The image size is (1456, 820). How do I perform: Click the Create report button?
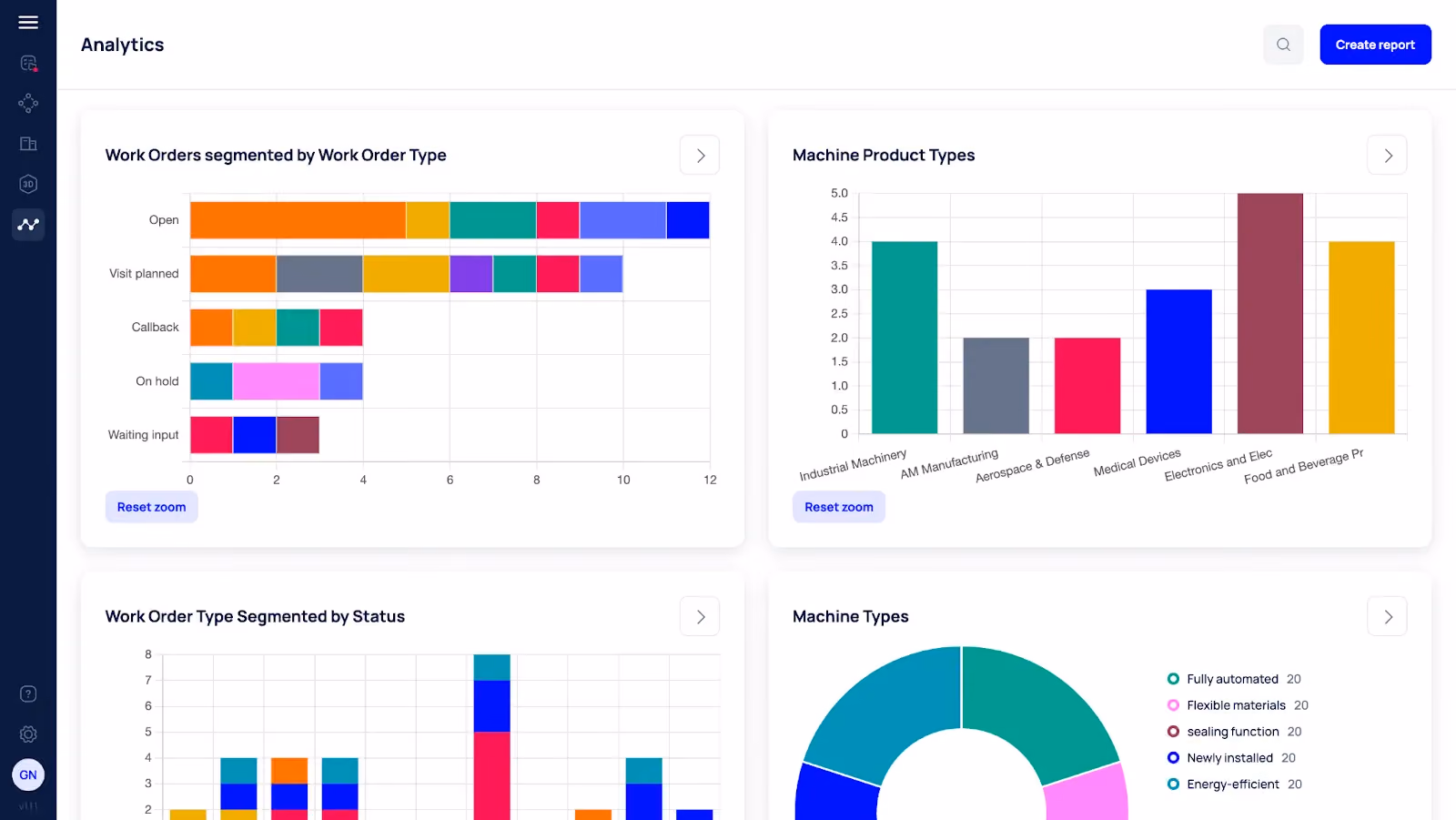click(x=1375, y=45)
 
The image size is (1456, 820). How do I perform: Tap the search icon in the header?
click(x=1283, y=45)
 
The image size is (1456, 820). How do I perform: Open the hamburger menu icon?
click(x=28, y=22)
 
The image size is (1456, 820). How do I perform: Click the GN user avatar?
click(x=28, y=774)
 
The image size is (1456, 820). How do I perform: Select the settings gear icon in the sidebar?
click(x=28, y=734)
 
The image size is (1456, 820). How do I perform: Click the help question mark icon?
click(x=28, y=693)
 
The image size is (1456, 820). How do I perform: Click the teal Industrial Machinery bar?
click(x=905, y=338)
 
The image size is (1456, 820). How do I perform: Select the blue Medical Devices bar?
click(x=1178, y=361)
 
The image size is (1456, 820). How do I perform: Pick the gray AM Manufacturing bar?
click(x=996, y=386)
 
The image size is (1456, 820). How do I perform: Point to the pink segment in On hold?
click(x=277, y=381)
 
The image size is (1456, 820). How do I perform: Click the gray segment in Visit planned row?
click(x=319, y=274)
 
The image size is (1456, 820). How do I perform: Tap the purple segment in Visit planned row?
click(x=471, y=274)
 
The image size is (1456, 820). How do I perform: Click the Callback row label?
click(x=155, y=327)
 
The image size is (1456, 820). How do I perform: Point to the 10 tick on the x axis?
click(x=623, y=480)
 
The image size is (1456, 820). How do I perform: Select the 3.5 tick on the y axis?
click(x=839, y=266)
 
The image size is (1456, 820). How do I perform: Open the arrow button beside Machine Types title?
click(x=1387, y=616)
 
